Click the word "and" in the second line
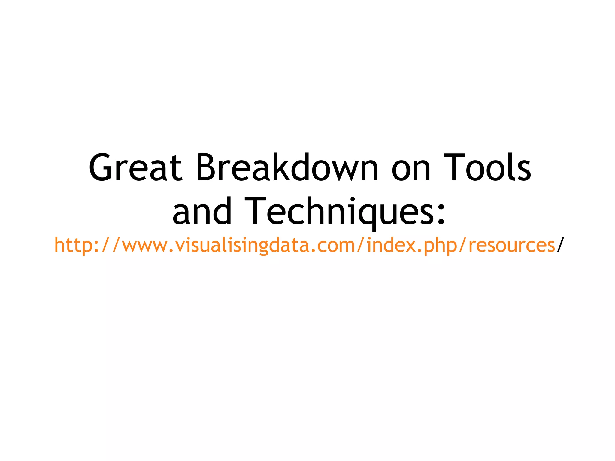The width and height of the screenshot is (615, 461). click(x=202, y=212)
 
